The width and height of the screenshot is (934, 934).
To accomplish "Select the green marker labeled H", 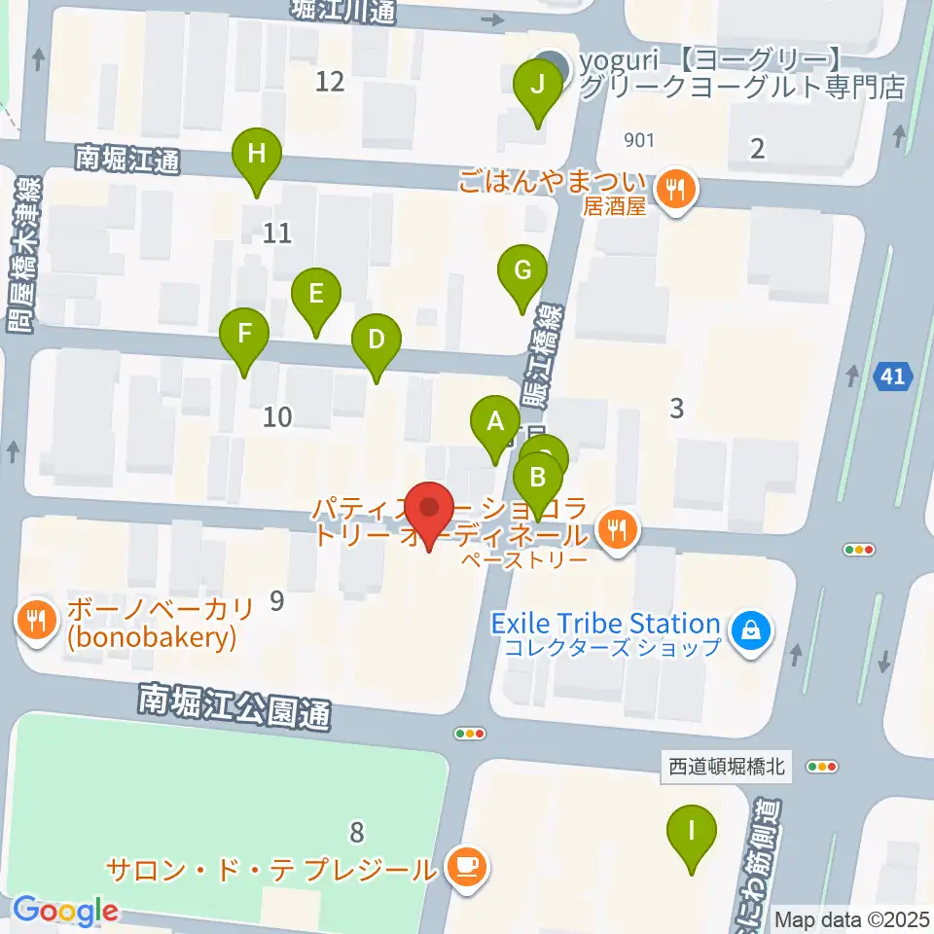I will pos(256,155).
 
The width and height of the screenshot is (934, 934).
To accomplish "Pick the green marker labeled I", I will pos(692,832).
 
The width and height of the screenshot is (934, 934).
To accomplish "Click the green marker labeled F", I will pos(244,336).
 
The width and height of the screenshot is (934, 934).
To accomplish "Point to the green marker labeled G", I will pos(522,271).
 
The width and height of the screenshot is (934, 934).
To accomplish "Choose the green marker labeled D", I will pos(377,341).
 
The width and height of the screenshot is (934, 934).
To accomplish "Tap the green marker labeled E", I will pos(315,294).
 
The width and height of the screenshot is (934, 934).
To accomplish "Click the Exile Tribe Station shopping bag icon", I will pos(751,633).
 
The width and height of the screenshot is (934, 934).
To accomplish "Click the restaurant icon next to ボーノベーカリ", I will pos(37,623).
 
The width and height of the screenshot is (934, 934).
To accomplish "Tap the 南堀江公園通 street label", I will pos(234,706).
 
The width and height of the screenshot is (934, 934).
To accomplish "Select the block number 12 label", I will pos(331,81).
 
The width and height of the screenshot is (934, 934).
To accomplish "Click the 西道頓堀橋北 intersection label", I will pos(731,767).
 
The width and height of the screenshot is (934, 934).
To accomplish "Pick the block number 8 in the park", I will pos(357,832).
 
